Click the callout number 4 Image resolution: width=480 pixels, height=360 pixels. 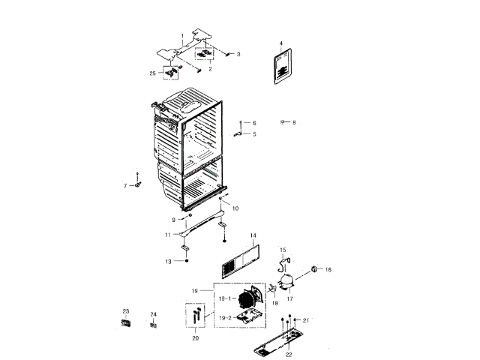tap(281, 44)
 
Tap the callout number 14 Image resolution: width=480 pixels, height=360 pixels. tap(253, 235)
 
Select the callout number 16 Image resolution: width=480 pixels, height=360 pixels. tap(328, 269)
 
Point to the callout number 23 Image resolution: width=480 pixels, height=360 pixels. tap(126, 311)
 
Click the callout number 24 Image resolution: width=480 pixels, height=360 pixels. tap(153, 314)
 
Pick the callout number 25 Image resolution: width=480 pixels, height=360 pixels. tap(153, 73)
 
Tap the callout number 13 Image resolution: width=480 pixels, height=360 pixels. tap(169, 261)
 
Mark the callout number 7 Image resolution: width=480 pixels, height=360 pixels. tap(125, 184)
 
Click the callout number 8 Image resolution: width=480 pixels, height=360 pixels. tap(294, 122)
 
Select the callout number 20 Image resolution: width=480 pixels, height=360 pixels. tap(196, 339)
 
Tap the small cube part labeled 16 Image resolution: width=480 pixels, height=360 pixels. tap(313, 269)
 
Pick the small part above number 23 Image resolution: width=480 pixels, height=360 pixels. tap(126, 322)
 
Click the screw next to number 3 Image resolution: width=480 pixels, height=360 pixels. tap(226, 53)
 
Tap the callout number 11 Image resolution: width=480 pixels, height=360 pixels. tap(168, 235)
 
